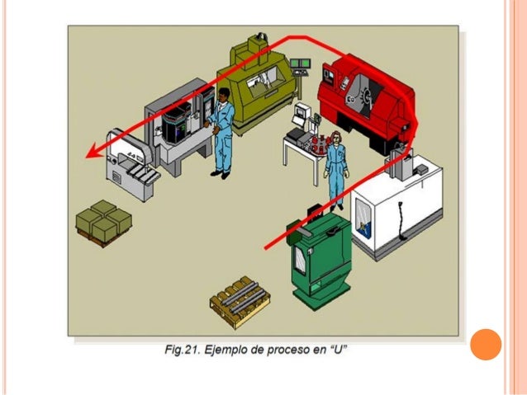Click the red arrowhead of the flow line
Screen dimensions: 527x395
(x=95, y=151)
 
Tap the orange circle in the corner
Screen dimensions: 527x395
(x=486, y=345)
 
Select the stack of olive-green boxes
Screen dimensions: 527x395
(x=103, y=223)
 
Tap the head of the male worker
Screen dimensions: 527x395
(x=223, y=95)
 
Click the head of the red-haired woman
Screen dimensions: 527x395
(x=335, y=138)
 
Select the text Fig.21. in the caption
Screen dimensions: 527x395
(x=183, y=350)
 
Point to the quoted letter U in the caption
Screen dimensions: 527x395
(x=338, y=349)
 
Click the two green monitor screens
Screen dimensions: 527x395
(x=300, y=63)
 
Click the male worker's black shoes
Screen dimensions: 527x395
(x=221, y=175)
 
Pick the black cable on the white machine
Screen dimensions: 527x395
(x=401, y=221)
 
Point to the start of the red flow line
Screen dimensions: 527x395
(x=265, y=249)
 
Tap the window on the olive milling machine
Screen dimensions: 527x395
(x=262, y=78)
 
